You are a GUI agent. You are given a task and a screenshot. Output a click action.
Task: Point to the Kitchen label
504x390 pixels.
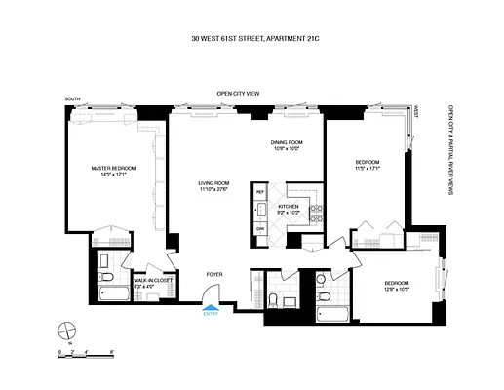288,209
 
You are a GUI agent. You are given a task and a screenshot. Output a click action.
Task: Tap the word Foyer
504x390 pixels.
213,276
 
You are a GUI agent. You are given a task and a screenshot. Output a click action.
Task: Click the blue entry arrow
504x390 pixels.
211,305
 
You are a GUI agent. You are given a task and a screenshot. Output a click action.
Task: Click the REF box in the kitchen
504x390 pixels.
260,193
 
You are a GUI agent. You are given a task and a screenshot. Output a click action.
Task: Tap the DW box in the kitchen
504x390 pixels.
260,228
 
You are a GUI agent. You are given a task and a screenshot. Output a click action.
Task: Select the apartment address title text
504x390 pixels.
252,40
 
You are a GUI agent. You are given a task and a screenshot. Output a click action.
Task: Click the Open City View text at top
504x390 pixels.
238,94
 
